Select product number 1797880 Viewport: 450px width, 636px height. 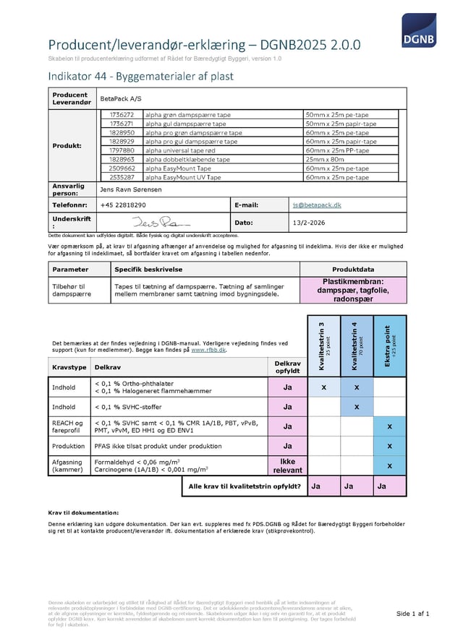122,150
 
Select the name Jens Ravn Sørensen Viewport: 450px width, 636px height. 130,189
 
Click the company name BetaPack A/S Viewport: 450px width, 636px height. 119,98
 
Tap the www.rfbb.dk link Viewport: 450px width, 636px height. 208,350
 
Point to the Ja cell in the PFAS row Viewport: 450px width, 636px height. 287,446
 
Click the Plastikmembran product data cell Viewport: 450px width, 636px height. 352,291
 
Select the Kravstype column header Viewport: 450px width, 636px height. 69,368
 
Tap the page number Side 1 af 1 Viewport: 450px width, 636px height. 413,614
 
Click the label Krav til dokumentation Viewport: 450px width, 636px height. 83,512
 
